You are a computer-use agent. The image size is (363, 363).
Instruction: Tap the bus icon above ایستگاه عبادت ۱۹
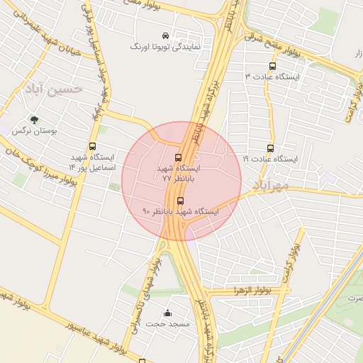pyautogui.click(x=270, y=149)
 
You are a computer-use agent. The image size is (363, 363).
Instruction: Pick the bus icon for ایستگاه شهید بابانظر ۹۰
pyautogui.click(x=180, y=201)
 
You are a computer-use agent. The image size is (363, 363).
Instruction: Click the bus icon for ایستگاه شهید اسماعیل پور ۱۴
pyautogui.click(x=93, y=146)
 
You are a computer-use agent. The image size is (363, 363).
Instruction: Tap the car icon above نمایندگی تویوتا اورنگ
pyautogui.click(x=165, y=35)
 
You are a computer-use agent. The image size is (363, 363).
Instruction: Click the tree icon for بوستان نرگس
pyautogui.click(x=33, y=121)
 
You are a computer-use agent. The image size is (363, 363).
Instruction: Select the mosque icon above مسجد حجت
pyautogui.click(x=167, y=313)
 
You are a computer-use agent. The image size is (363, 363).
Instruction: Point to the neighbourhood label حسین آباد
pyautogui.click(x=53, y=89)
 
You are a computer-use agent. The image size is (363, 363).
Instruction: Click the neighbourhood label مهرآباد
pyautogui.click(x=269, y=186)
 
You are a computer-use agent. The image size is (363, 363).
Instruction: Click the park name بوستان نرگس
pyautogui.click(x=34, y=131)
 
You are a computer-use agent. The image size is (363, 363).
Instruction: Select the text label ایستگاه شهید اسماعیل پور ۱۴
pyautogui.click(x=91, y=162)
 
